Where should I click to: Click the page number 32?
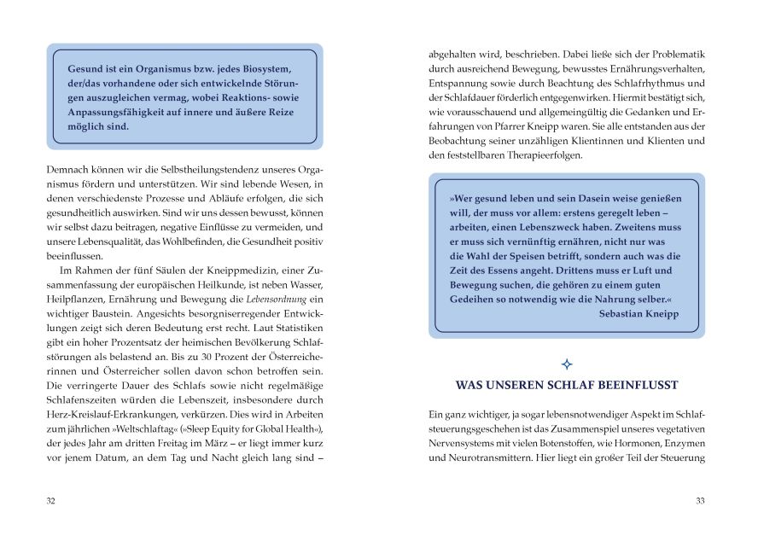(x=50, y=501)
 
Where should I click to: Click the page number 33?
(x=700, y=501)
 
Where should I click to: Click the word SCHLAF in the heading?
(x=579, y=385)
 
